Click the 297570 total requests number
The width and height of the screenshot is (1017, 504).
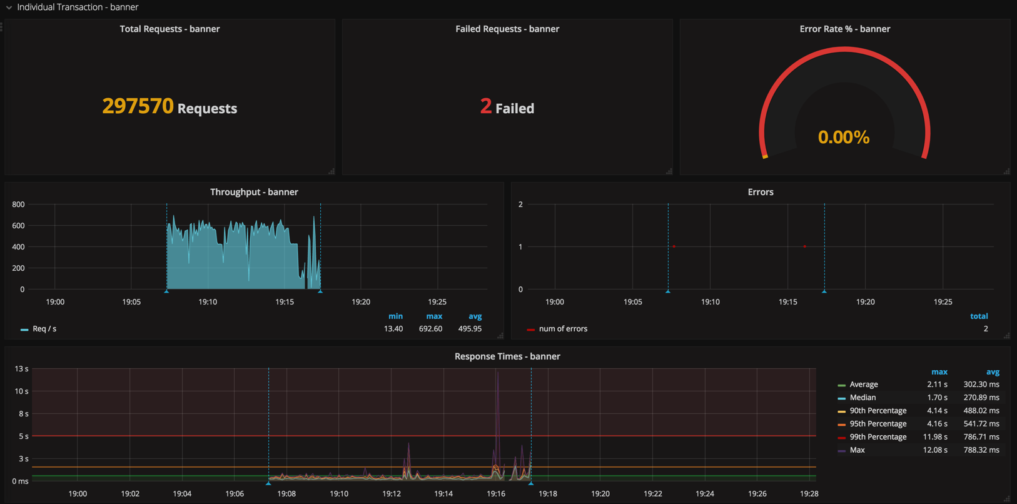[x=138, y=106]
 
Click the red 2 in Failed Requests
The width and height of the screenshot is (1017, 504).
[x=486, y=106]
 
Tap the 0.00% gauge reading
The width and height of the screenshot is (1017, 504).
[x=844, y=137]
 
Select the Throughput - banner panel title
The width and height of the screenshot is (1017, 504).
[x=254, y=192]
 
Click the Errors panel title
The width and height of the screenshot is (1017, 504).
[x=761, y=192]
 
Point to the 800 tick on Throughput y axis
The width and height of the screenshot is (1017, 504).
[x=18, y=204]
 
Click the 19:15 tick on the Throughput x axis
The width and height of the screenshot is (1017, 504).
[x=285, y=302]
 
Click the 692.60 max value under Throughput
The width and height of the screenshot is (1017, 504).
[x=430, y=329]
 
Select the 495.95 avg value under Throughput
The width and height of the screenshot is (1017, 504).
[x=470, y=329]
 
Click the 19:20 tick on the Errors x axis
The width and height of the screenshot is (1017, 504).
[x=865, y=302]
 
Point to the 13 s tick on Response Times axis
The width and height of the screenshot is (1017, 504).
[x=21, y=369]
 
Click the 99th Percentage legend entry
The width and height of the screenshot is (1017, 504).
[x=878, y=437]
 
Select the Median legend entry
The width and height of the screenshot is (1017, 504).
[x=863, y=398]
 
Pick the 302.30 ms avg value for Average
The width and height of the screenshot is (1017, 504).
[x=981, y=385]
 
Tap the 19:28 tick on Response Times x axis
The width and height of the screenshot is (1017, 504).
[x=809, y=494]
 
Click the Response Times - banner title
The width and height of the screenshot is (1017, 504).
[x=507, y=356]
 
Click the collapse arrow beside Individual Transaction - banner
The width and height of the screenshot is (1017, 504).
[x=9, y=8]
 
